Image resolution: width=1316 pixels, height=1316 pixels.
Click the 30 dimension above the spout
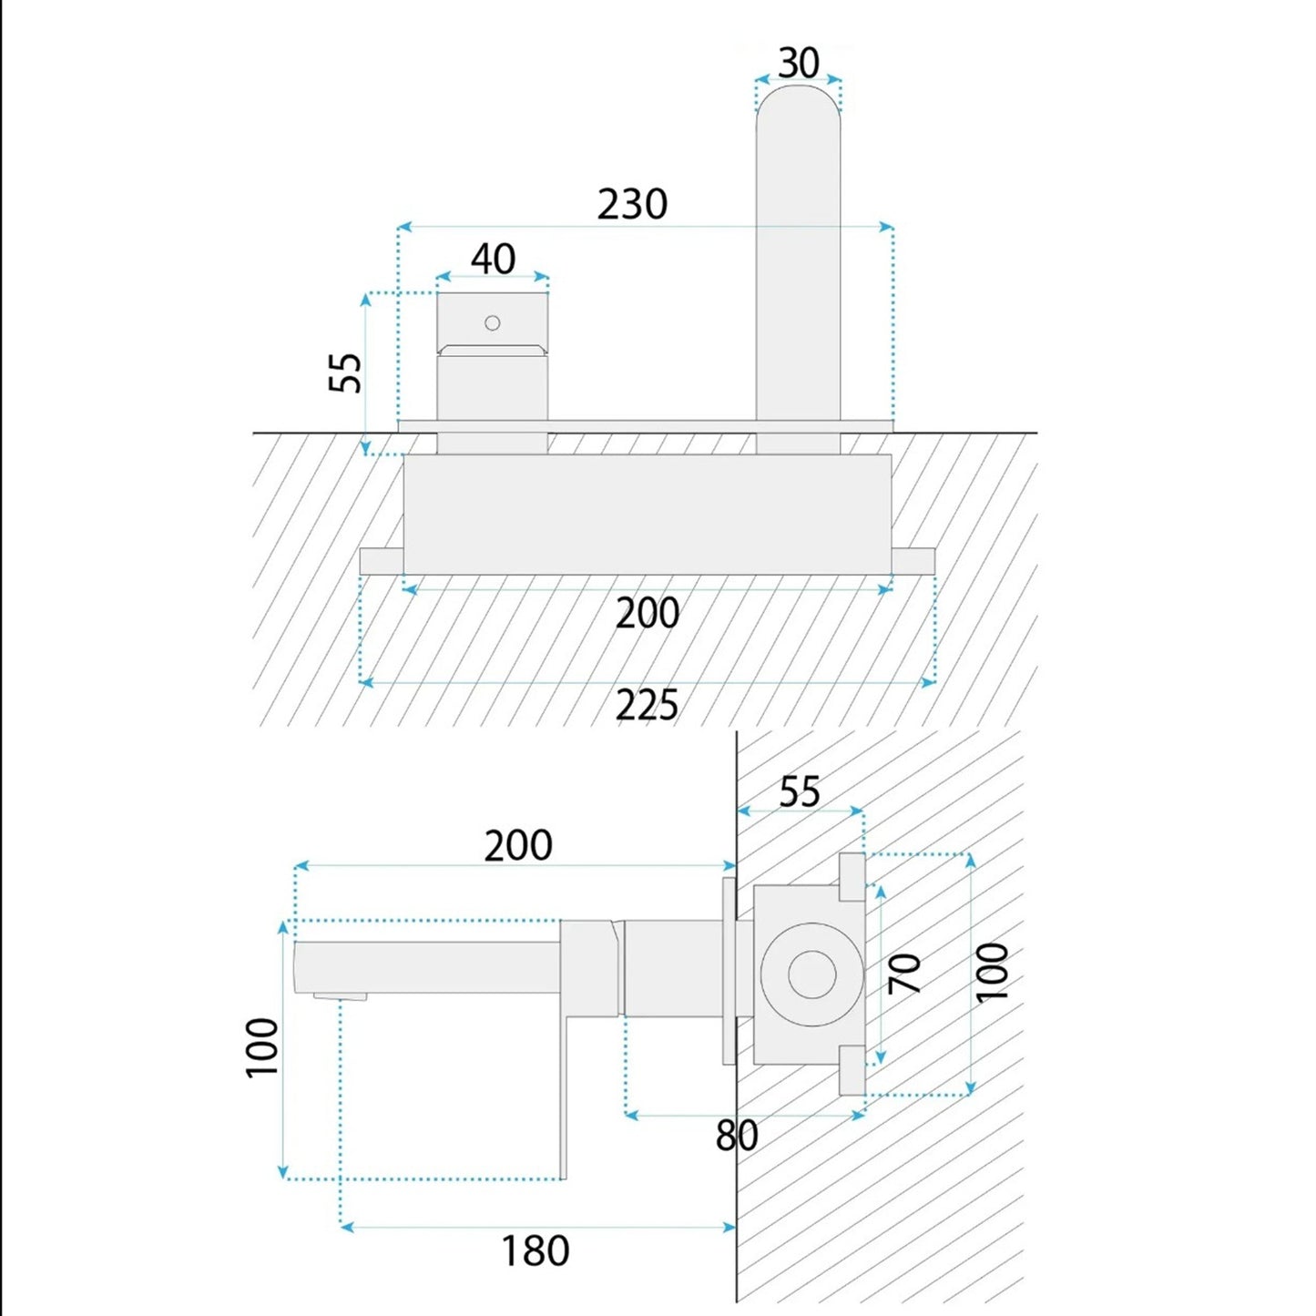[799, 64]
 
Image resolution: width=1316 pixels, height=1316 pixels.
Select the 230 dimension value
[632, 204]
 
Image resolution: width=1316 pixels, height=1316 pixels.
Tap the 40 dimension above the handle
[493, 259]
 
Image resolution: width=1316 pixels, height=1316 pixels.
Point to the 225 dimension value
[647, 705]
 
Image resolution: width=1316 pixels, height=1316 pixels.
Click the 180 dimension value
[536, 1250]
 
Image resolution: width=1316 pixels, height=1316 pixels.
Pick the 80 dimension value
[737, 1135]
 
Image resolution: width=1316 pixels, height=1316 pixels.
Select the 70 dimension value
[905, 974]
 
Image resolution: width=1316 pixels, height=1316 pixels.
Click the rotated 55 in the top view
[345, 372]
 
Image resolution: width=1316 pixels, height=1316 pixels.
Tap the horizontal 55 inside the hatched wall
[800, 791]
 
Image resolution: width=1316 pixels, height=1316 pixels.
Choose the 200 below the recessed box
[648, 613]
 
